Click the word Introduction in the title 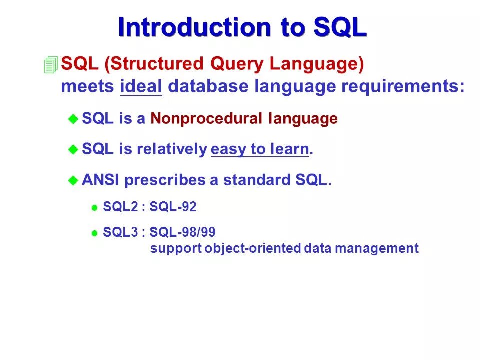click(x=194, y=27)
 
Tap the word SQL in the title click(x=340, y=27)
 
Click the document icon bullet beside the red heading click(x=51, y=64)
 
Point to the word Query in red click(x=236, y=64)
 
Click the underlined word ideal click(x=141, y=86)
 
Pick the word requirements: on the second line click(x=403, y=87)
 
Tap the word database click(x=208, y=86)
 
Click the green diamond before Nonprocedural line click(x=73, y=119)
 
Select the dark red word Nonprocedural click(x=206, y=118)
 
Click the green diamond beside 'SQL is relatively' click(x=73, y=149)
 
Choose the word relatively click(x=172, y=149)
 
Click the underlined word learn click(x=290, y=149)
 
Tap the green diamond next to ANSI click(x=73, y=180)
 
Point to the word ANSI click(x=100, y=180)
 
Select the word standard click(x=256, y=180)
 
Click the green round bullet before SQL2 click(x=94, y=208)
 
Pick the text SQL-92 click(x=173, y=207)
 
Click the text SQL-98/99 click(x=182, y=232)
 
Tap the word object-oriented click(x=253, y=248)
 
